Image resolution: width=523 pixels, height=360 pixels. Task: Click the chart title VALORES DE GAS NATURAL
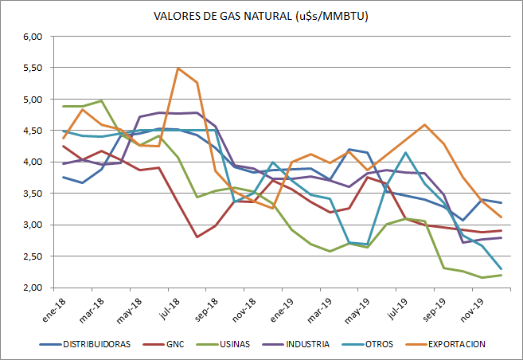click(262, 16)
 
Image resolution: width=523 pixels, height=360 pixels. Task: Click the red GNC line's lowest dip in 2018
click(197, 237)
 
